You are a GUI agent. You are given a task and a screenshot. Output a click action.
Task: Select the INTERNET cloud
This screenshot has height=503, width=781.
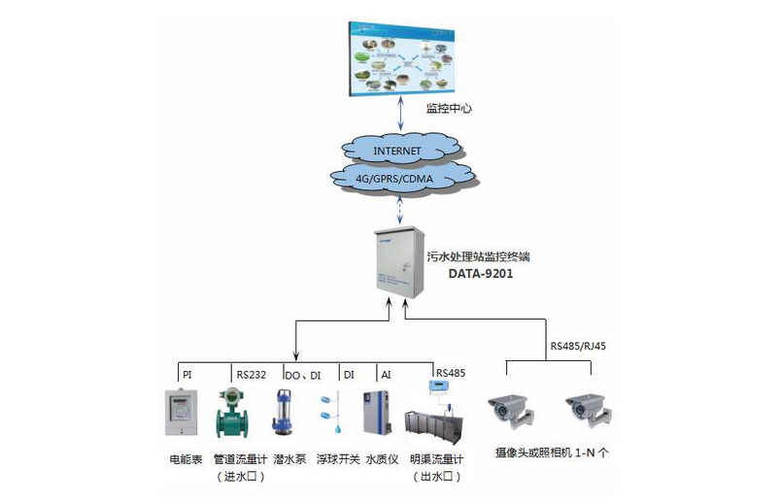click(397, 151)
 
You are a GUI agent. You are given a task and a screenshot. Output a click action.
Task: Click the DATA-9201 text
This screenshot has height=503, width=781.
click(481, 275)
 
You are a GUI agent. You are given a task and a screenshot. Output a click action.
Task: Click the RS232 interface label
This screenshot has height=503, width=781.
click(252, 374)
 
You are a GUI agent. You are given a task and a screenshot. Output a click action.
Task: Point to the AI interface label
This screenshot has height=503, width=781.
click(386, 374)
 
